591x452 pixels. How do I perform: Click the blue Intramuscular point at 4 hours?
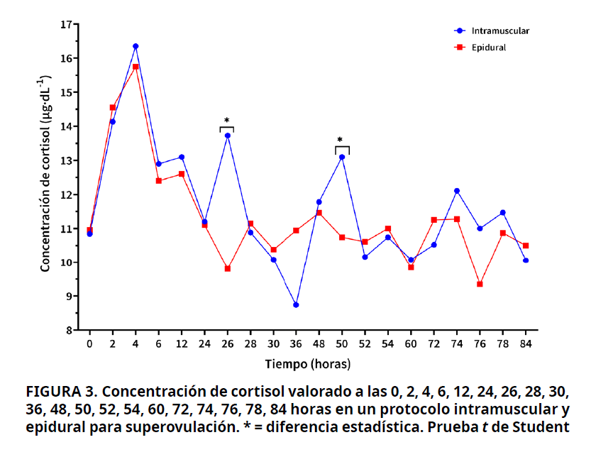coord(136,46)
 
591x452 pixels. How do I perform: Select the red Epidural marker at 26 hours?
coord(228,269)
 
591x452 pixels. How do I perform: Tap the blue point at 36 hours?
coord(296,305)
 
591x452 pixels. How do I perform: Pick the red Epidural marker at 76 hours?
coord(480,285)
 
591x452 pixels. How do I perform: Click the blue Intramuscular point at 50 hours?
coord(342,157)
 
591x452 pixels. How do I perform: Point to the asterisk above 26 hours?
coord(227,121)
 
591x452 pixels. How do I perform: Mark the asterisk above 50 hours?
coord(341,140)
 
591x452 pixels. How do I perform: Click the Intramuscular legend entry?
coord(499,31)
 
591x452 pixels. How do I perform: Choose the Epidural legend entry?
coord(489,48)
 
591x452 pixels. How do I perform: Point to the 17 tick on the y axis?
coord(67,25)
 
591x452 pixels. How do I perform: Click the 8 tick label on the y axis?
coord(70,331)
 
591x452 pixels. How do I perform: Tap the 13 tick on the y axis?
coord(67,161)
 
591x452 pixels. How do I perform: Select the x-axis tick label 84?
coord(526,344)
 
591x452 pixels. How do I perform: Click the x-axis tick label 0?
coord(89,344)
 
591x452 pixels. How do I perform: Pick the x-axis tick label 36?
coord(296,344)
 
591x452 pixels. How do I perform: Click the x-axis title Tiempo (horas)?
coord(308,364)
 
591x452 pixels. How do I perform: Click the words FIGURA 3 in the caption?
coord(60,392)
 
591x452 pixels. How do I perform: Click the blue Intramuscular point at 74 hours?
coord(457,191)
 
